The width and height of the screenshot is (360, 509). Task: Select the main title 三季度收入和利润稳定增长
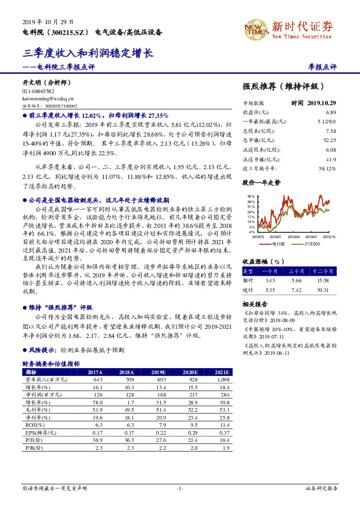[x=88, y=53]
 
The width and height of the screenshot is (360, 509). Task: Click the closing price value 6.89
[x=330, y=112]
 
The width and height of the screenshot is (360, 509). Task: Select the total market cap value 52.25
[x=330, y=140]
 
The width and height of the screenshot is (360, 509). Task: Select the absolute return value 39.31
[x=322, y=290]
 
